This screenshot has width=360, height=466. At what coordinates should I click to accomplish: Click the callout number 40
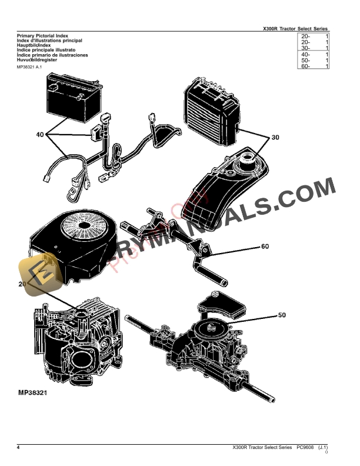click(x=40, y=135)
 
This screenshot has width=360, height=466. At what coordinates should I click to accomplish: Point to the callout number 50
click(x=282, y=315)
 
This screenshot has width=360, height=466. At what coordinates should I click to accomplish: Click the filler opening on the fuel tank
click(x=248, y=158)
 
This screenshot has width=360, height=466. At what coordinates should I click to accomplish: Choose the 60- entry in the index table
click(x=306, y=66)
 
